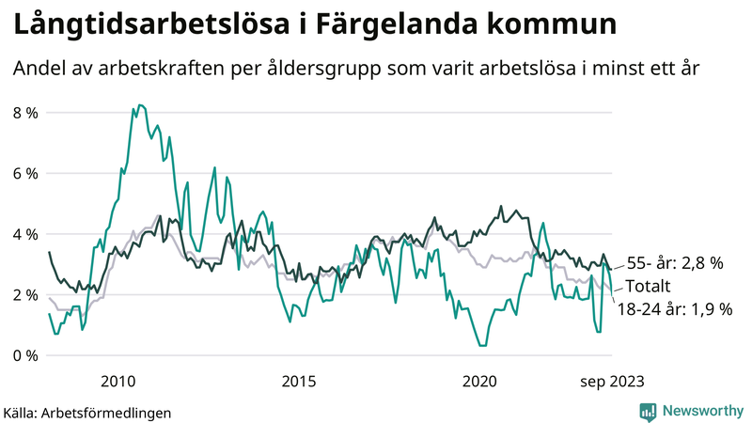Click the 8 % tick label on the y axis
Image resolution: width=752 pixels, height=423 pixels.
tap(25, 113)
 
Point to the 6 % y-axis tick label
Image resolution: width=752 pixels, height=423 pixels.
tap(25, 174)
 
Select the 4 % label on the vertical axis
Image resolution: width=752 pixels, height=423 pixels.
tap(25, 234)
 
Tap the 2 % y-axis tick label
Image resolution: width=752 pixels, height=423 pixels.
tap(25, 295)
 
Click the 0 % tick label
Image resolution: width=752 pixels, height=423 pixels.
tap(25, 355)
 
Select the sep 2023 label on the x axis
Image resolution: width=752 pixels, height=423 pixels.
tap(610, 381)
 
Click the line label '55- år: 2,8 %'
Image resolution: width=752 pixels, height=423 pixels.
tap(674, 264)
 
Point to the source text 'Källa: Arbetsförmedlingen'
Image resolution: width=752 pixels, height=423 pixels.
tap(87, 412)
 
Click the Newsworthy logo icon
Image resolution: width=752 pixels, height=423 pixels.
tap(649, 411)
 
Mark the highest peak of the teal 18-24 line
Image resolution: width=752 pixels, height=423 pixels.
tap(139, 105)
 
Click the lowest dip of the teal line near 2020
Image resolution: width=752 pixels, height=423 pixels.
tap(483, 346)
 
